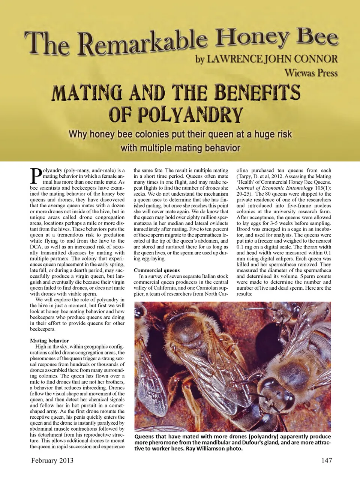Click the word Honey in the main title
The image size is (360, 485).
pyautogui.click(x=252, y=38)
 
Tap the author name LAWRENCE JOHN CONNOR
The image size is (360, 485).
pyautogui.click(x=266, y=59)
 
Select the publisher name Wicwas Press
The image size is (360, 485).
pyautogui.click(x=311, y=72)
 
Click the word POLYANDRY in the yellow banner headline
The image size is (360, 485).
pyautogui.click(x=176, y=115)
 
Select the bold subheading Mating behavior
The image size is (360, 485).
pyautogui.click(x=49, y=341)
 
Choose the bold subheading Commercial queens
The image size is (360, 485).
pyautogui.click(x=156, y=270)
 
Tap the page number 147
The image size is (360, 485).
pyautogui.click(x=326, y=460)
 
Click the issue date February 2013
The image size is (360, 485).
pyautogui.click(x=52, y=460)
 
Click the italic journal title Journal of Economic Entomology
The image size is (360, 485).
pyautogui.click(x=274, y=188)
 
